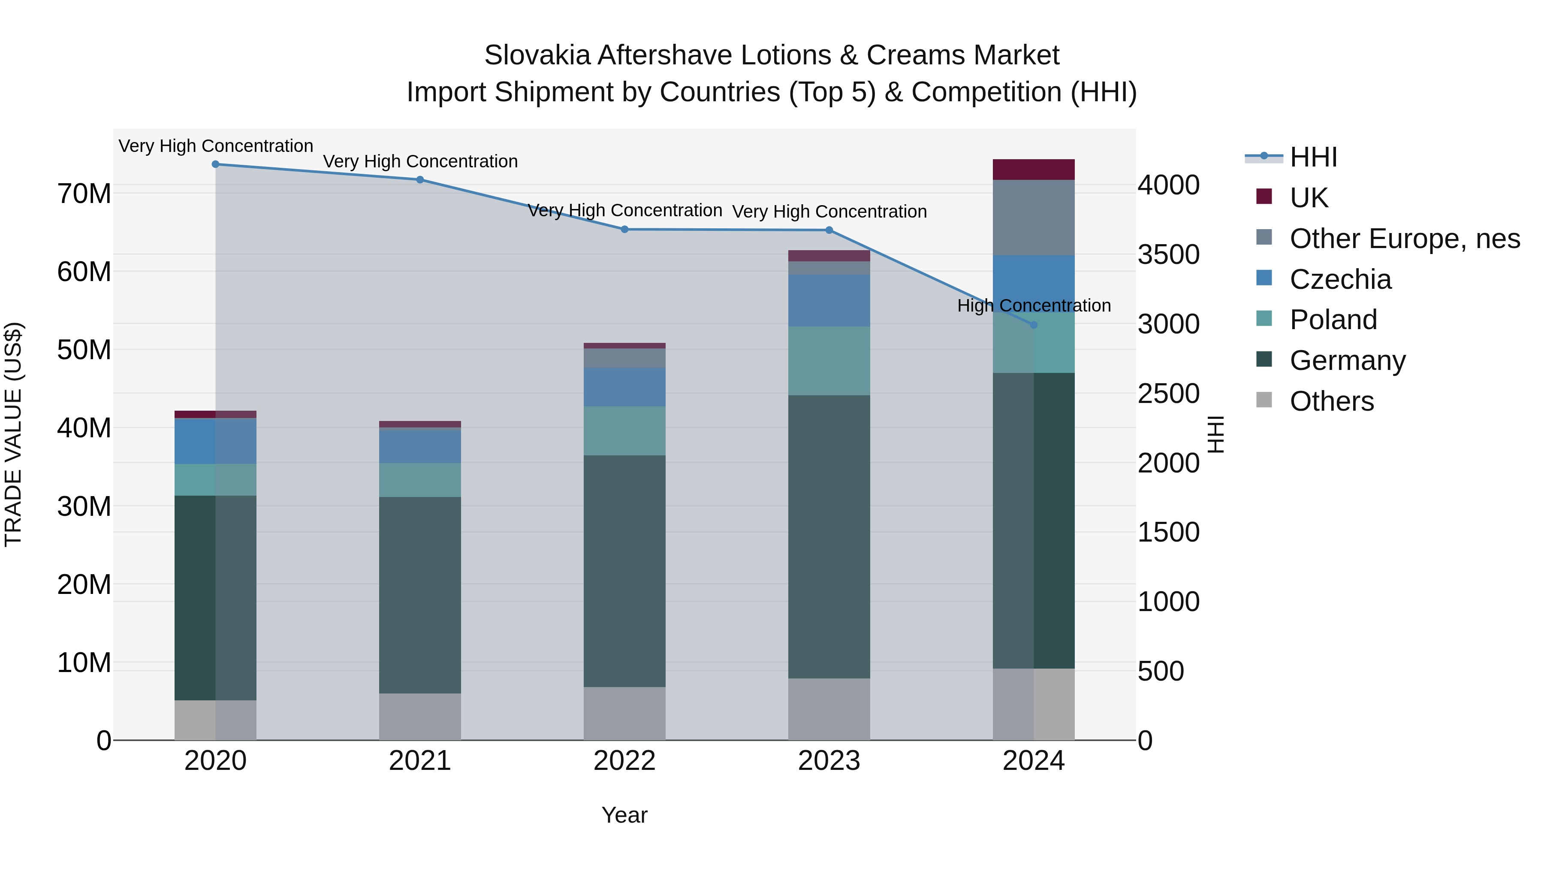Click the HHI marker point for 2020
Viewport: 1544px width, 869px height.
(215, 164)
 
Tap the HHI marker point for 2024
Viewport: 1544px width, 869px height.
(1033, 325)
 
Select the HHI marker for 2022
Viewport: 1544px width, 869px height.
(624, 229)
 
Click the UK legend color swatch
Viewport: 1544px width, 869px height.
(1264, 197)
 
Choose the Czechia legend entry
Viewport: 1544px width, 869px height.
(1340, 279)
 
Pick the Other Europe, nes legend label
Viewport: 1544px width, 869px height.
(1404, 239)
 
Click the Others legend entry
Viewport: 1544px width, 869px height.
(1331, 401)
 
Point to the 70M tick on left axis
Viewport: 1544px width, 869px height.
(84, 194)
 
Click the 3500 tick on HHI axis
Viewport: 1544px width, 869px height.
(1168, 254)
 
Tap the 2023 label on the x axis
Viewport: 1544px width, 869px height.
(829, 761)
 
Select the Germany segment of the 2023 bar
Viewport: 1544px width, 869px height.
(829, 537)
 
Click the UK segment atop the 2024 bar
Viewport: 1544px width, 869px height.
(1033, 170)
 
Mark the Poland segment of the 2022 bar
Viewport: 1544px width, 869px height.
(624, 430)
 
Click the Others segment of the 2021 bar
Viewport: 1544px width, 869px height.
(419, 717)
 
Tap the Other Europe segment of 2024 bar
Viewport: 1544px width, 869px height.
(1033, 218)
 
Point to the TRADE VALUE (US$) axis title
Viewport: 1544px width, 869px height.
(13, 434)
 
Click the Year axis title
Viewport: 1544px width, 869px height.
(624, 815)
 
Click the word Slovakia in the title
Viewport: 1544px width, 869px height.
(537, 55)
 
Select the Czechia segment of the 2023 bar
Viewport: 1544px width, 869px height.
(829, 300)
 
